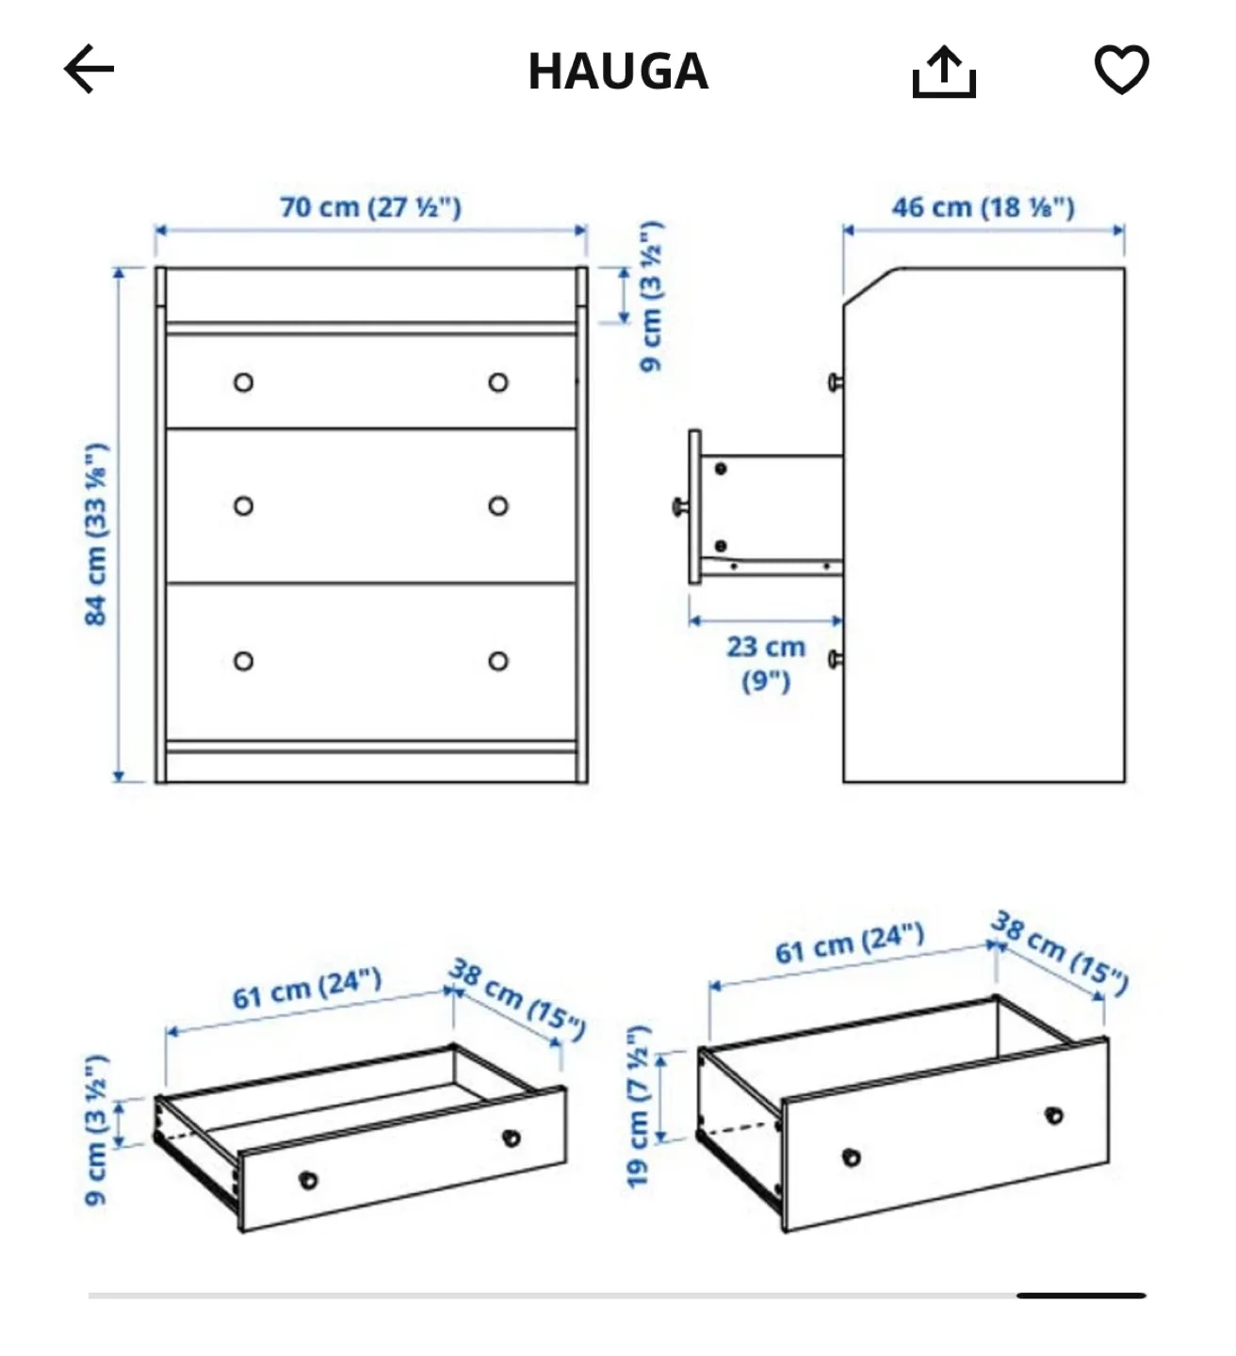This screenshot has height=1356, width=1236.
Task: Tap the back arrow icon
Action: pos(89,69)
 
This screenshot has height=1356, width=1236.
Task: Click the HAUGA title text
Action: pos(618,72)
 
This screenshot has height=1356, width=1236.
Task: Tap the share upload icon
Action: pos(943,73)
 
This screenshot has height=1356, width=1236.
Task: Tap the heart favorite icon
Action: pos(1121,70)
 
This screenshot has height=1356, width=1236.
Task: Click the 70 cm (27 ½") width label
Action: pos(370,207)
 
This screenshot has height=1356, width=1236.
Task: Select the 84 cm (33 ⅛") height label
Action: pos(96,534)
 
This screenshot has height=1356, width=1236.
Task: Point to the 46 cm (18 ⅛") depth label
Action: pos(983,207)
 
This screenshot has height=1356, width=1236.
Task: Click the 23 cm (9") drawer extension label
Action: pos(765,663)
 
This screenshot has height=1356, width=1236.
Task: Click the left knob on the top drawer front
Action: pos(244,382)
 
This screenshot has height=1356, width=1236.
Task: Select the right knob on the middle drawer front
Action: pos(498,507)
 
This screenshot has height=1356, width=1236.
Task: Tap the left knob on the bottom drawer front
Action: pos(244,661)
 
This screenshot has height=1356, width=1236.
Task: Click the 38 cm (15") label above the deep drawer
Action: pos(1059,953)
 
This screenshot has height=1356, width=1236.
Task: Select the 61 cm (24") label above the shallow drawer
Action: pos(307,988)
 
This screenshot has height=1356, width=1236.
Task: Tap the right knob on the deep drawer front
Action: pos(1054,1115)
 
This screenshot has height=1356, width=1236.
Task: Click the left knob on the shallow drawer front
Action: pos(308,1179)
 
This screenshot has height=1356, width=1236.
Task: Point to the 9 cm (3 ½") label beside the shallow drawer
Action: pos(96,1130)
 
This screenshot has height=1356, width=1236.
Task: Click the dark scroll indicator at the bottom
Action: pos(1081,1296)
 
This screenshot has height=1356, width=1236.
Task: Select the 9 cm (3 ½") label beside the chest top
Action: pos(651,297)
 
